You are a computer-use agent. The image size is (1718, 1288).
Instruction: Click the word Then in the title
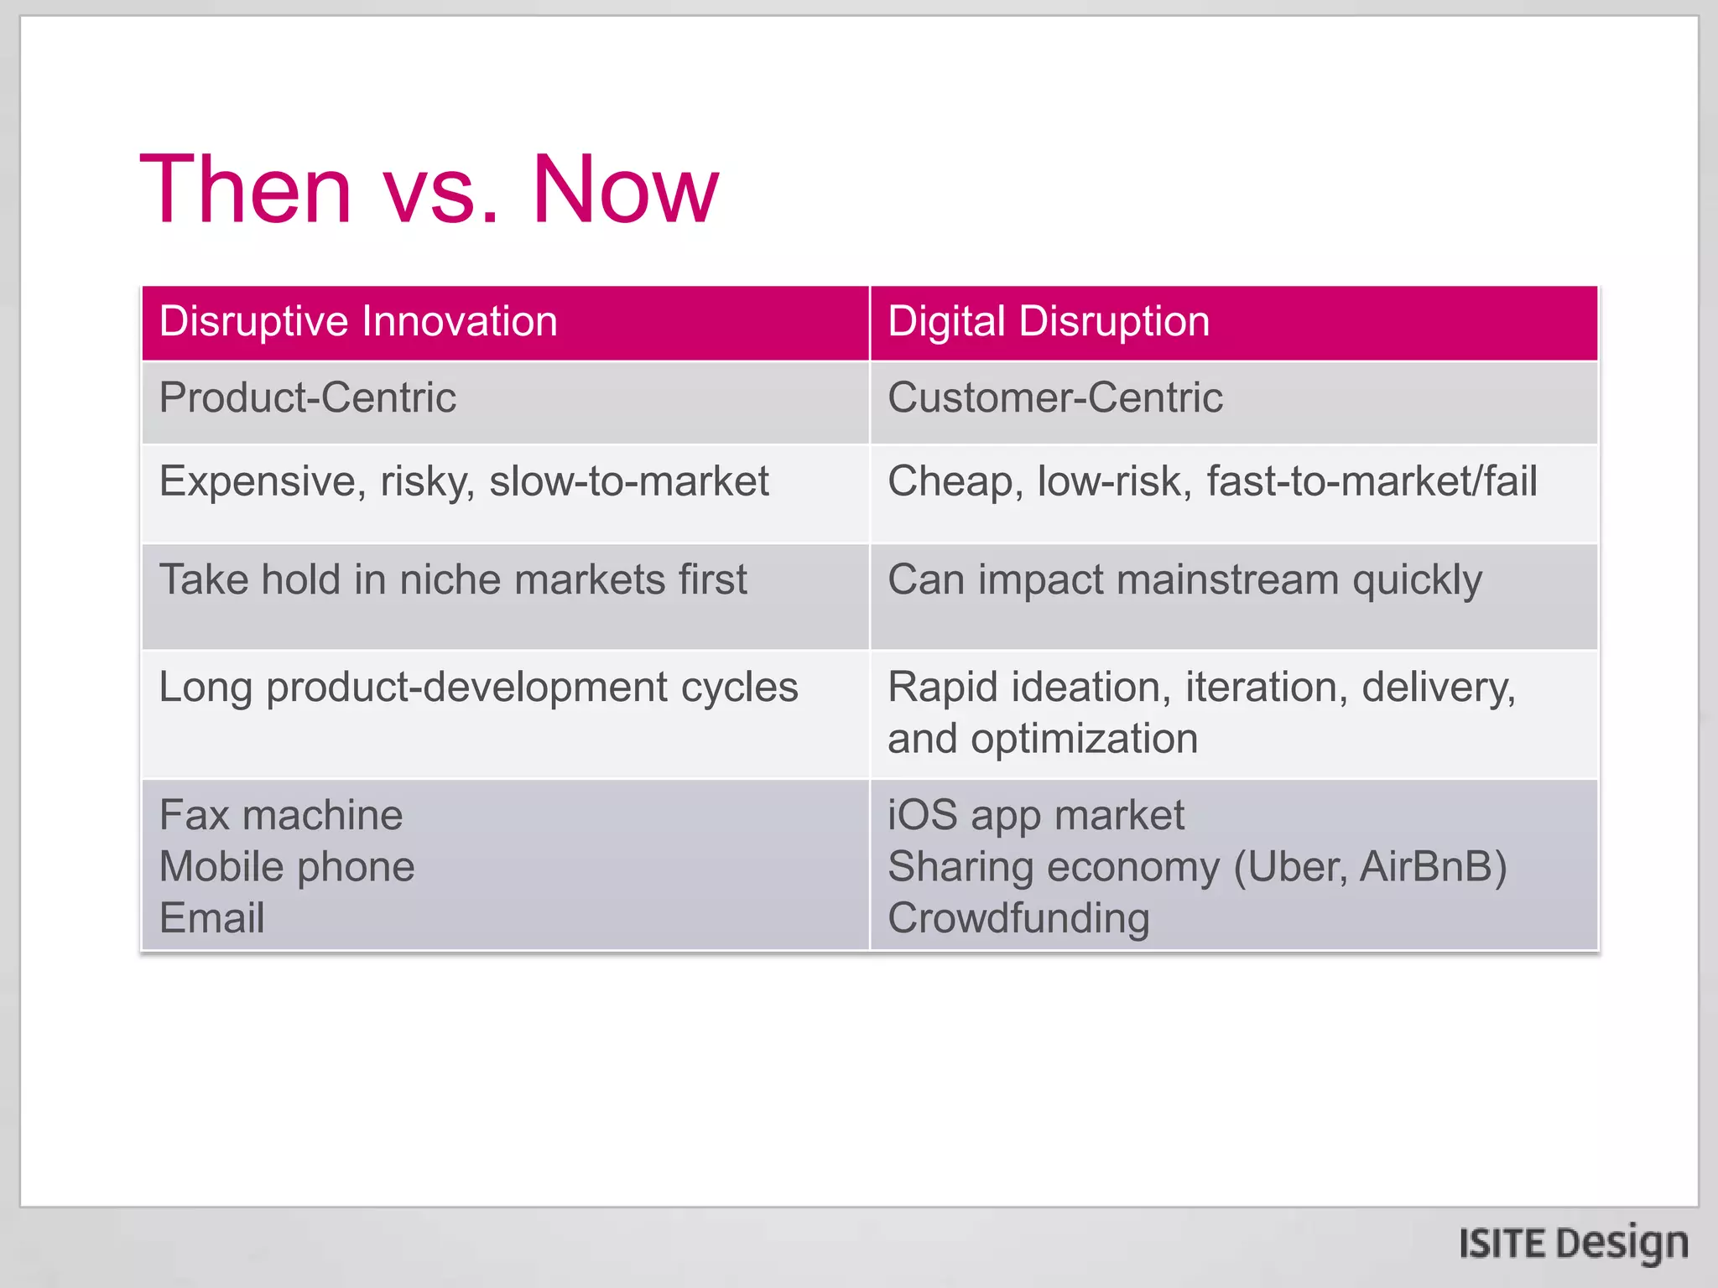(x=245, y=190)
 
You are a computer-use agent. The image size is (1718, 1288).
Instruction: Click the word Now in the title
(x=625, y=190)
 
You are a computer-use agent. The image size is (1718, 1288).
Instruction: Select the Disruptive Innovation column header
(x=358, y=322)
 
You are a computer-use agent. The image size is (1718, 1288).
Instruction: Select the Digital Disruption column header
(x=1049, y=322)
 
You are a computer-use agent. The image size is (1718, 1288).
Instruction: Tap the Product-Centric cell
(x=307, y=397)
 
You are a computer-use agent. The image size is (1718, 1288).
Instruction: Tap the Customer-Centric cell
(x=1054, y=397)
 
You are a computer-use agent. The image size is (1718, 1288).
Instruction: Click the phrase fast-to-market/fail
(x=1372, y=481)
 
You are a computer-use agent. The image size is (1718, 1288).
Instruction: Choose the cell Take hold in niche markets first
(x=453, y=580)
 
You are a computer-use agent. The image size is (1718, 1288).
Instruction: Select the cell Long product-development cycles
(x=478, y=688)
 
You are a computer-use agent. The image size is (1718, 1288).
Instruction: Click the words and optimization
(x=1042, y=739)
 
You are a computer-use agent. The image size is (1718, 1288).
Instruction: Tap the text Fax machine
(x=281, y=815)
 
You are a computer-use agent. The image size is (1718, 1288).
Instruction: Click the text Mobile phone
(x=287, y=867)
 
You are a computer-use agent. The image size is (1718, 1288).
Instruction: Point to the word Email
(x=211, y=918)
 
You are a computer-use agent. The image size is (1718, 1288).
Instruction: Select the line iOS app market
(x=1036, y=815)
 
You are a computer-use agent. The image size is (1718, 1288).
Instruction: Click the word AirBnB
(x=1433, y=867)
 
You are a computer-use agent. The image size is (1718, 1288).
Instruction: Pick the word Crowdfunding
(x=1018, y=918)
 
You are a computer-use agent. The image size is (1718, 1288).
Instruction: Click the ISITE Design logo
(x=1573, y=1244)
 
